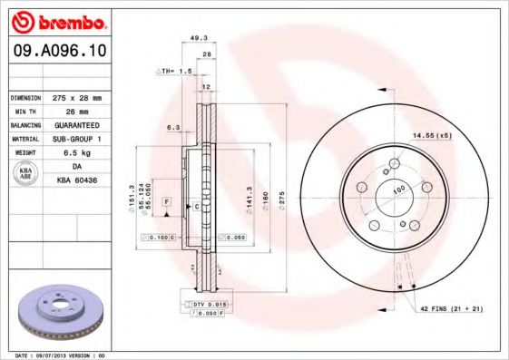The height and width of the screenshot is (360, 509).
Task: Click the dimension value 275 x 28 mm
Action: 75,96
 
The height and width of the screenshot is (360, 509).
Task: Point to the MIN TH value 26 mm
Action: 70,110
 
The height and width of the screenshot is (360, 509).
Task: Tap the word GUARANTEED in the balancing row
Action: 76,123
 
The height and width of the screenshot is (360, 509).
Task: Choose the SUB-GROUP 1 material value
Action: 76,138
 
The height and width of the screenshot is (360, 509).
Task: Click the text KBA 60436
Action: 76,180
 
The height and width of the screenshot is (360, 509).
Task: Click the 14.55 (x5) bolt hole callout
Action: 433,134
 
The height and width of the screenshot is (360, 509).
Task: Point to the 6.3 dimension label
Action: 171,128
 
